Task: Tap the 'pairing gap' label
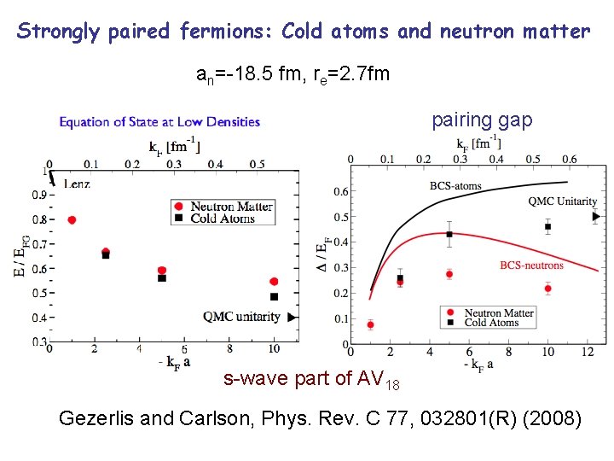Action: click(482, 120)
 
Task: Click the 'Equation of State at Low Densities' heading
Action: click(159, 122)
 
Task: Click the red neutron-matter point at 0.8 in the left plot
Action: click(72, 219)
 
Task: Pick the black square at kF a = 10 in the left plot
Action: click(274, 296)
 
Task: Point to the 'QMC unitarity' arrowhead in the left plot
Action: click(293, 317)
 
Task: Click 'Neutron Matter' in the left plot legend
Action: click(231, 206)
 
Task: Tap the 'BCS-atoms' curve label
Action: click(455, 185)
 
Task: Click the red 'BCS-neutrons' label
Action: click(531, 266)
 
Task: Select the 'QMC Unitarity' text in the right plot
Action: click(562, 201)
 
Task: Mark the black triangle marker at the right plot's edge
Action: click(595, 217)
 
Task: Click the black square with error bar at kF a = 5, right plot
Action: click(449, 234)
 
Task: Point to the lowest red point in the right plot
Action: click(370, 324)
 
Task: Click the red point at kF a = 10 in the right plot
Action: click(547, 289)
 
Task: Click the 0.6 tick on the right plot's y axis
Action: click(340, 191)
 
